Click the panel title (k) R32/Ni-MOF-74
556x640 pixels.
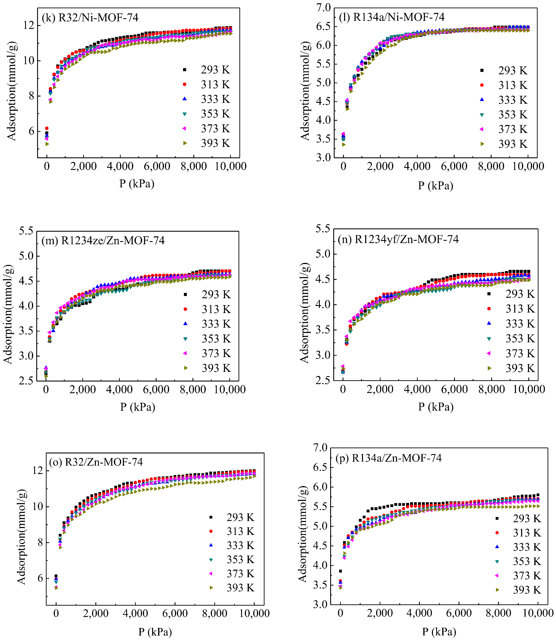(x=90, y=18)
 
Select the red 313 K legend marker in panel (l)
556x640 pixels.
(x=482, y=85)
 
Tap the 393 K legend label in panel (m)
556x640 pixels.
(x=216, y=368)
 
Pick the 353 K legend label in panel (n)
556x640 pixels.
(x=520, y=338)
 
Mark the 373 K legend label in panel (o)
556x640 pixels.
(x=240, y=574)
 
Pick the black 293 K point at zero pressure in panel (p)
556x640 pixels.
(x=340, y=571)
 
